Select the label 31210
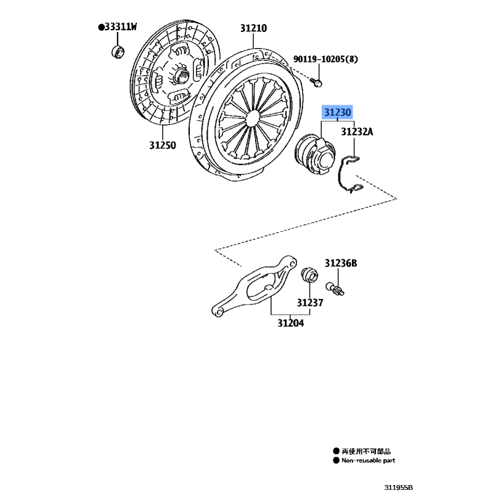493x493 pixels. [x=253, y=28]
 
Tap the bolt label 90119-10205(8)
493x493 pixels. [x=325, y=59]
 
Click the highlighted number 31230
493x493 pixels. [x=337, y=112]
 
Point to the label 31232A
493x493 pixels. [x=357, y=132]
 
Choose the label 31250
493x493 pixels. [x=163, y=145]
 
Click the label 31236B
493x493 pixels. [x=341, y=263]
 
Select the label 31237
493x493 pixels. [x=310, y=303]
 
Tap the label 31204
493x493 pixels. [x=290, y=323]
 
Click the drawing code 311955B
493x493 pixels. [x=398, y=487]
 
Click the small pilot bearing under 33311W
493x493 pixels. [x=118, y=52]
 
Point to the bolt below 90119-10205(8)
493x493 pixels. [x=316, y=83]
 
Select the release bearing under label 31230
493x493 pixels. [x=314, y=154]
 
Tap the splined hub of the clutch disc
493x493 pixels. [x=181, y=76]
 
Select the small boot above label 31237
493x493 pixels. [x=309, y=275]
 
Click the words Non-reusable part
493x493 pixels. [x=368, y=460]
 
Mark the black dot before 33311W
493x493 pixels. [x=101, y=27]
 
